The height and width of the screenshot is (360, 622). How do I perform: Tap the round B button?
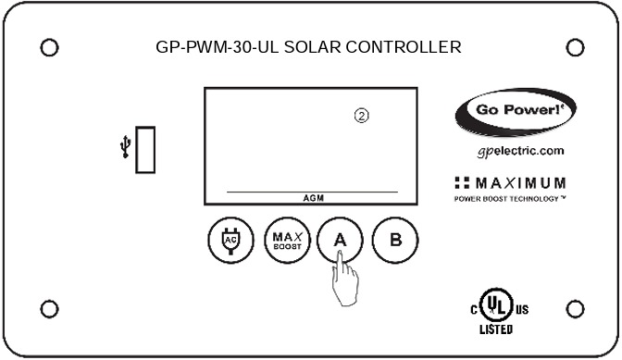pos(395,240)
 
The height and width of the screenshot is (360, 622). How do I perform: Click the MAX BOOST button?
pos(282,240)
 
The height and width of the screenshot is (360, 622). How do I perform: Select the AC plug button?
pos(225,240)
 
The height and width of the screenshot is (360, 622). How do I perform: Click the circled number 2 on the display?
pos(362,116)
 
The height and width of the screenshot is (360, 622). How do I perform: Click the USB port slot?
pos(146,150)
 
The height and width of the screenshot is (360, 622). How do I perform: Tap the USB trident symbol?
pos(125,149)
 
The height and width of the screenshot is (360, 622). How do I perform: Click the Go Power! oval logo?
pos(515,113)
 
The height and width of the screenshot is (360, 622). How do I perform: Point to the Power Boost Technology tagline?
pos(510,199)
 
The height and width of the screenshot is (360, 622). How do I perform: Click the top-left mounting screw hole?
pos(51,46)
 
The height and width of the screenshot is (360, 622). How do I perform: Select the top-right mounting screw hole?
pos(574,46)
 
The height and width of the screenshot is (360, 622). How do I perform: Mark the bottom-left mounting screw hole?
pos(51,308)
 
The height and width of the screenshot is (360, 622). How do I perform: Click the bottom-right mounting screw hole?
pos(574,308)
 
